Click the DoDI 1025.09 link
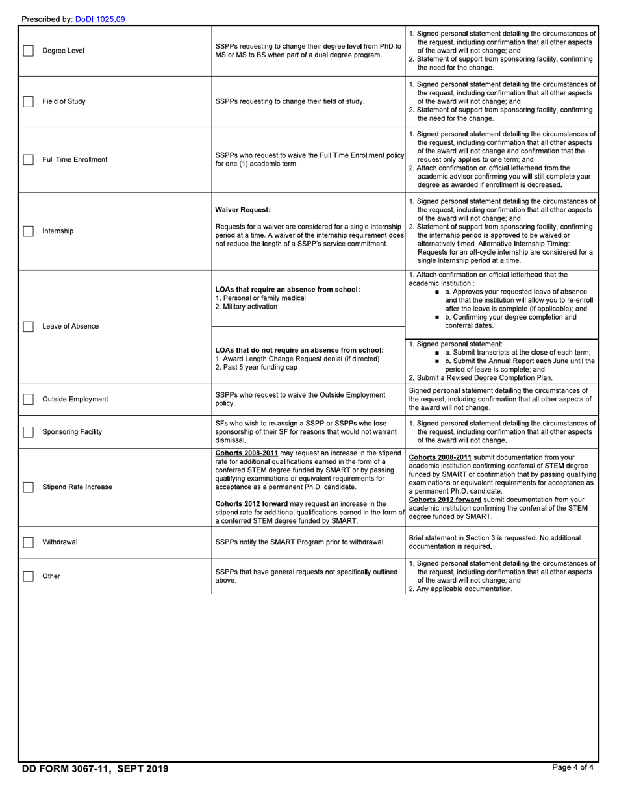(x=100, y=19)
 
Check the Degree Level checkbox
(x=28, y=51)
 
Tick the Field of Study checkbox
(x=28, y=101)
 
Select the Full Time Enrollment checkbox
(x=28, y=160)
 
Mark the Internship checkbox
(x=28, y=231)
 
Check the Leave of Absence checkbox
(x=28, y=327)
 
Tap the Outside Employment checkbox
(x=28, y=399)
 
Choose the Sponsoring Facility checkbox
(x=28, y=432)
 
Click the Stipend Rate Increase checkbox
(x=28, y=487)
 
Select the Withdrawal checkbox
(x=28, y=542)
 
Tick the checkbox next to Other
(x=28, y=576)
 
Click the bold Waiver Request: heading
(x=243, y=210)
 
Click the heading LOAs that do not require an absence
(x=299, y=350)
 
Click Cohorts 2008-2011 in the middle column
(x=246, y=453)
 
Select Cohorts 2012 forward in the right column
(x=445, y=500)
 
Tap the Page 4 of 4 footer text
(x=572, y=767)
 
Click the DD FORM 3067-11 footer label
(x=95, y=769)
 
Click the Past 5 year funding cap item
(x=256, y=367)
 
